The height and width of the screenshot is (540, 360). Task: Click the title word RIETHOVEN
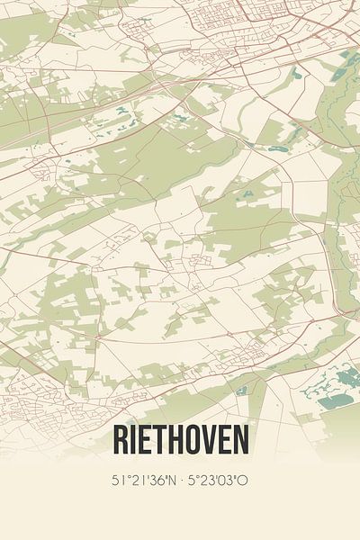(180, 441)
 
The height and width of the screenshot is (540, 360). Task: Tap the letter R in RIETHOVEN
(121, 441)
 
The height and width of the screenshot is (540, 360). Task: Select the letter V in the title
(209, 441)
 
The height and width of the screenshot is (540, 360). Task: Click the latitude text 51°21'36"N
(143, 480)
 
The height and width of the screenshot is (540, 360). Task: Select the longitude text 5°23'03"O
(219, 480)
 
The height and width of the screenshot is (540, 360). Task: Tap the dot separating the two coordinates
(181, 480)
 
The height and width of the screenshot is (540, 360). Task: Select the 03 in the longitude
(228, 480)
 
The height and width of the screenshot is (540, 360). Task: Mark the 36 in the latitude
(157, 480)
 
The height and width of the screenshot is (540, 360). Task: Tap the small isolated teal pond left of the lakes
(241, 391)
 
